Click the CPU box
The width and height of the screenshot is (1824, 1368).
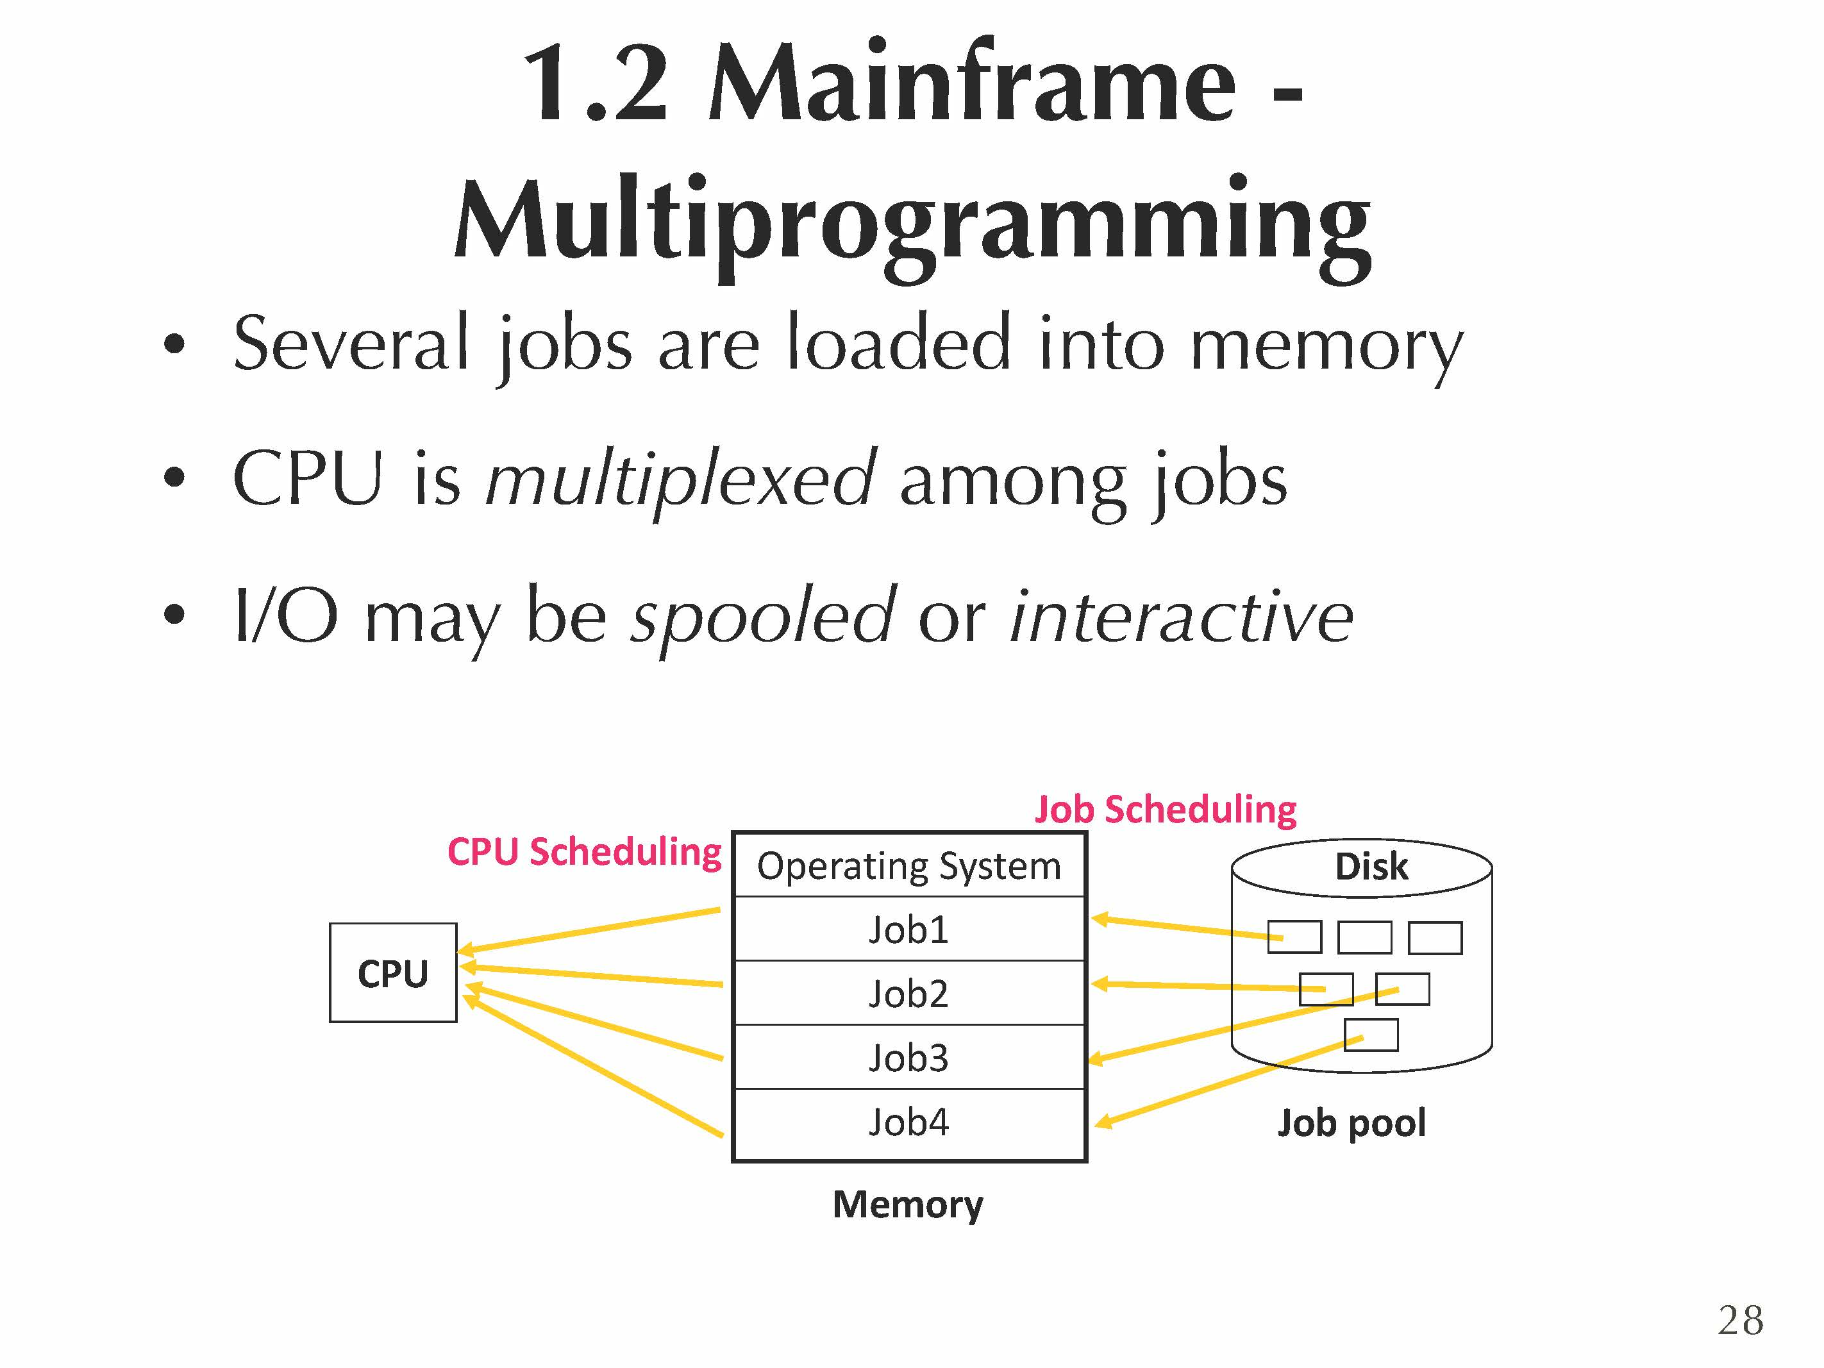click(x=392, y=973)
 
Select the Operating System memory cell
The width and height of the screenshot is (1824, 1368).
click(x=908, y=866)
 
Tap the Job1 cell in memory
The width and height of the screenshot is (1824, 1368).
click(x=908, y=930)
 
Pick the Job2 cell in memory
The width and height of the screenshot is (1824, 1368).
click(x=908, y=993)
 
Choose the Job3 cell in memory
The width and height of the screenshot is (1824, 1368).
click(x=908, y=1057)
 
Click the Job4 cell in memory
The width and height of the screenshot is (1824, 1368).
click(x=908, y=1121)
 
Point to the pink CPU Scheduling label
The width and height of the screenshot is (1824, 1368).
click(x=584, y=851)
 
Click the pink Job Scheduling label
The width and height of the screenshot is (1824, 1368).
click(x=1165, y=809)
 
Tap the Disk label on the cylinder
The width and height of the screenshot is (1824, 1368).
click(x=1371, y=867)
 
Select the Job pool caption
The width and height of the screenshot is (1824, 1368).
click(x=1351, y=1122)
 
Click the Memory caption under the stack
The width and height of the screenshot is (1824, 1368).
click(x=908, y=1204)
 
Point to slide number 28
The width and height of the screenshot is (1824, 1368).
click(x=1740, y=1320)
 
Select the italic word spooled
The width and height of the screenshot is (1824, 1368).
click(x=763, y=617)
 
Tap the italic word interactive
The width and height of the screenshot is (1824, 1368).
click(x=1181, y=617)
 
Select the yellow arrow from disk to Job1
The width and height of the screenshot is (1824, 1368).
click(x=1187, y=927)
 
